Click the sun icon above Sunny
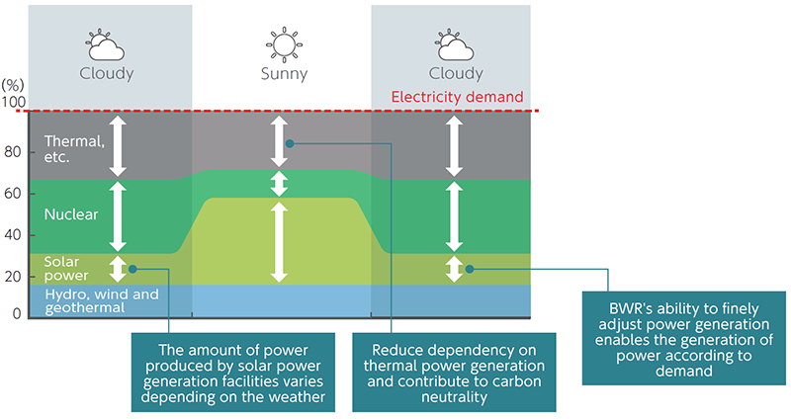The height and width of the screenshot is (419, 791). click(x=282, y=44)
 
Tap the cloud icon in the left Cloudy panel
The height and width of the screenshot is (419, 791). click(x=106, y=45)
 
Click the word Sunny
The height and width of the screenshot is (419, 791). click(x=283, y=74)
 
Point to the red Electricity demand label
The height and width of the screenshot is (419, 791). click(x=457, y=97)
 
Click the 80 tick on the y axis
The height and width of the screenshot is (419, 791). click(x=12, y=152)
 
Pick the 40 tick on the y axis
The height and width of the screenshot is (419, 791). click(x=12, y=235)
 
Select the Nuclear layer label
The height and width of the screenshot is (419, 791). click(x=71, y=213)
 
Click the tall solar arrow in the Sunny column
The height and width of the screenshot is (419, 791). click(x=281, y=242)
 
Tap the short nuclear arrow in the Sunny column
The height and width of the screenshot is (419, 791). click(x=281, y=185)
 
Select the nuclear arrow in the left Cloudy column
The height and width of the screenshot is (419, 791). click(x=119, y=215)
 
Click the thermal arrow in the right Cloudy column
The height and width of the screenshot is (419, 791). click(x=454, y=145)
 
